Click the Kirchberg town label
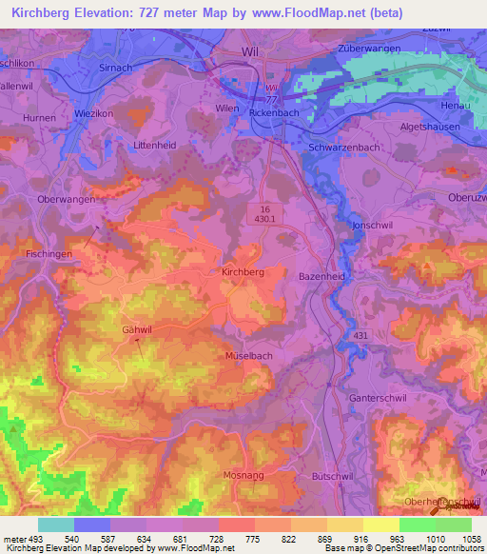point(242,271)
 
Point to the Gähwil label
point(137,329)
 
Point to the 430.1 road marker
point(265,218)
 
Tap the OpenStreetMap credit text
point(424,549)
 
